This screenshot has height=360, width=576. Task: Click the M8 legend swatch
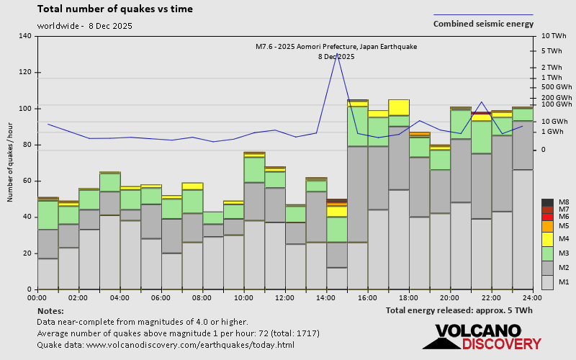coord(547,202)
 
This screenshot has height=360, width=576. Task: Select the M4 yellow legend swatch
coord(547,238)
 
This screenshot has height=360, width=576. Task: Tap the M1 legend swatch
coord(547,282)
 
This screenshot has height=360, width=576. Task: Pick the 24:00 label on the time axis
coord(532,297)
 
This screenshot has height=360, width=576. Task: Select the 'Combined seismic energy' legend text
coord(483,24)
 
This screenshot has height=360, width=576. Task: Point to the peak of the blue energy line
coord(337,53)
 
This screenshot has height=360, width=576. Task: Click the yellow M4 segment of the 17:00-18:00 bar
coord(399,107)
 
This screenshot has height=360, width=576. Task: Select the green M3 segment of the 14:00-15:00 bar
coord(336,229)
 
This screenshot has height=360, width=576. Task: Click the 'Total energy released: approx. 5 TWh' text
coord(459,310)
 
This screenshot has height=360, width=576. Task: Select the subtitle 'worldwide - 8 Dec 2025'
coord(84,26)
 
